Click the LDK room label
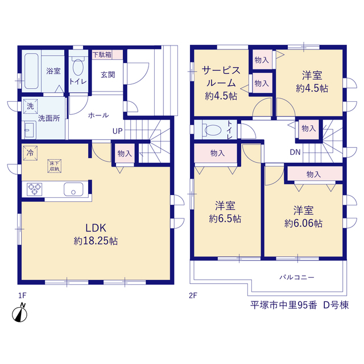click(96, 228)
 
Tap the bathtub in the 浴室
click(31, 71)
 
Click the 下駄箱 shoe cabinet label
click(102, 55)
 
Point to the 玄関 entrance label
click(107, 75)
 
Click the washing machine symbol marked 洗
click(30, 106)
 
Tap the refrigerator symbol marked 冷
click(30, 153)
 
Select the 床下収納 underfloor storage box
click(55, 166)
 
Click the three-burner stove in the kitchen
click(34, 189)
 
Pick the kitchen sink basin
click(73, 189)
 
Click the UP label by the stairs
click(118, 131)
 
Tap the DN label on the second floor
click(295, 152)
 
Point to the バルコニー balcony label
click(297, 277)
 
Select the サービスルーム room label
click(221, 76)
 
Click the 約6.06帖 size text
click(303, 224)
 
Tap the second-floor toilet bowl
click(213, 130)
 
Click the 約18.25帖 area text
click(96, 241)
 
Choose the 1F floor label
click(22, 296)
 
